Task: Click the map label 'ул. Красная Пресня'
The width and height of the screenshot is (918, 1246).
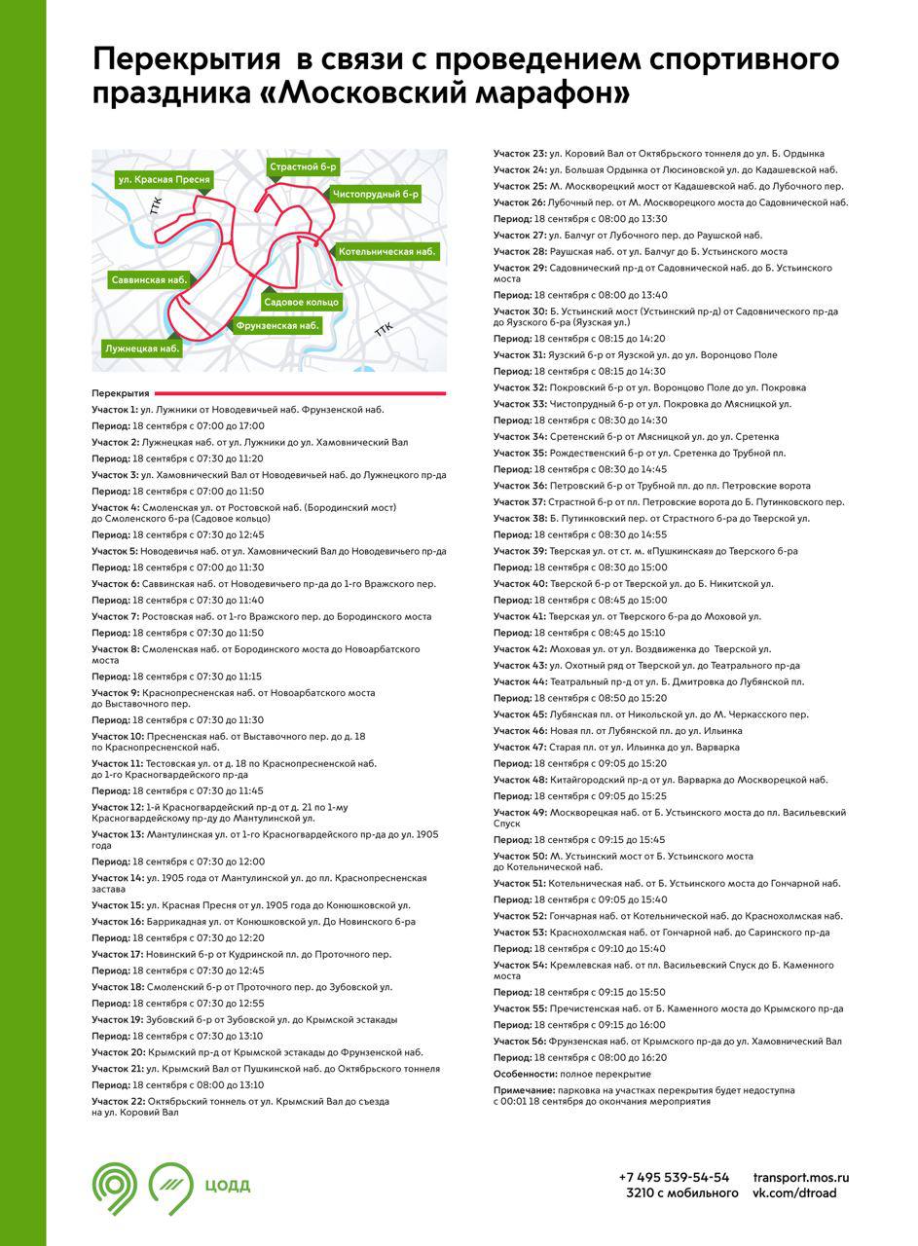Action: (x=164, y=180)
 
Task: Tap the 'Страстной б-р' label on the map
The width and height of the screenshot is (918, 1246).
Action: (x=303, y=167)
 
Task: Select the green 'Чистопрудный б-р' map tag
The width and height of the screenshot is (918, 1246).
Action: (x=375, y=194)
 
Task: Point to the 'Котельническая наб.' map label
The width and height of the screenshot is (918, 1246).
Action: (x=386, y=251)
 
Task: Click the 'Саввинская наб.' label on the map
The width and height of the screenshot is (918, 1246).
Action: (x=149, y=279)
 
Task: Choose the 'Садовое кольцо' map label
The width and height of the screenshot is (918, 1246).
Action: (x=302, y=302)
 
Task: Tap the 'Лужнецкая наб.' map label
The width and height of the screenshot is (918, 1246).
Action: (x=142, y=347)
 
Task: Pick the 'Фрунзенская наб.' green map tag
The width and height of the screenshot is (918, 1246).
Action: (x=277, y=325)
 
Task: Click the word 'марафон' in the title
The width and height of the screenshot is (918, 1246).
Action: (x=541, y=94)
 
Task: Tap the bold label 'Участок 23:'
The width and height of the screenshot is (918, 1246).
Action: (x=520, y=154)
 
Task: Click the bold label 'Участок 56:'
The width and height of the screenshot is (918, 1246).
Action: (x=520, y=1042)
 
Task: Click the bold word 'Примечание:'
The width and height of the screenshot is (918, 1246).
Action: (x=525, y=1090)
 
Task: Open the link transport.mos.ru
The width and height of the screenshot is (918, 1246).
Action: (x=801, y=1177)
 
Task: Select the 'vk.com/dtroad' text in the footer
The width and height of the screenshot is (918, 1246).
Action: (x=794, y=1193)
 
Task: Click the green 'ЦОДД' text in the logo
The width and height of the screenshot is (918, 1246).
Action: (x=228, y=1186)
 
